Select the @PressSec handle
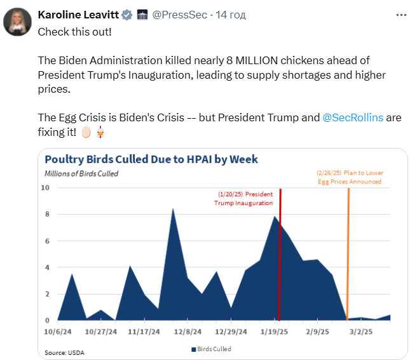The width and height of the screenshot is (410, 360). (180, 14)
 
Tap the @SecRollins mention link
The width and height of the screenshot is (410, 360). (352, 118)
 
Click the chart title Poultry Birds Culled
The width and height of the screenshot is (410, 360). (151, 159)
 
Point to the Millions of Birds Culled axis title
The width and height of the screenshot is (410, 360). (81, 173)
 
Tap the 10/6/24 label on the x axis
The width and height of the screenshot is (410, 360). (57, 331)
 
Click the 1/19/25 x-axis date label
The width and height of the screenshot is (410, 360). (274, 331)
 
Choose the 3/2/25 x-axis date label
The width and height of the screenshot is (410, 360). (360, 331)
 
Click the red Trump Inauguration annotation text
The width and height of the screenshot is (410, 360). (245, 198)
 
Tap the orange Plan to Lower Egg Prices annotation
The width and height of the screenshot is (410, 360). (350, 177)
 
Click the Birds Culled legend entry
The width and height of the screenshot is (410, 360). (212, 349)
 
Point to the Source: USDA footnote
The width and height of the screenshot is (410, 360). (64, 352)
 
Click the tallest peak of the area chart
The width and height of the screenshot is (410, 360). (173, 209)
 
